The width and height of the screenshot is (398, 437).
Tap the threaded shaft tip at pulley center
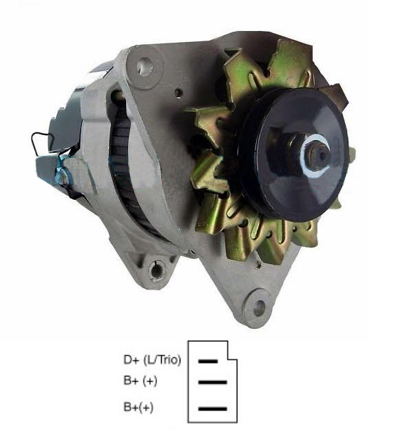(x=320, y=153)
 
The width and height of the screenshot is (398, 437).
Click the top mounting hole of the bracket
(x=144, y=68)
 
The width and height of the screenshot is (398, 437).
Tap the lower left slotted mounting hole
(x=158, y=269)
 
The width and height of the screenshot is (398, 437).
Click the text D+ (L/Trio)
(x=151, y=360)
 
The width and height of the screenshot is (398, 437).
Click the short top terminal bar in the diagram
(x=208, y=360)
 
